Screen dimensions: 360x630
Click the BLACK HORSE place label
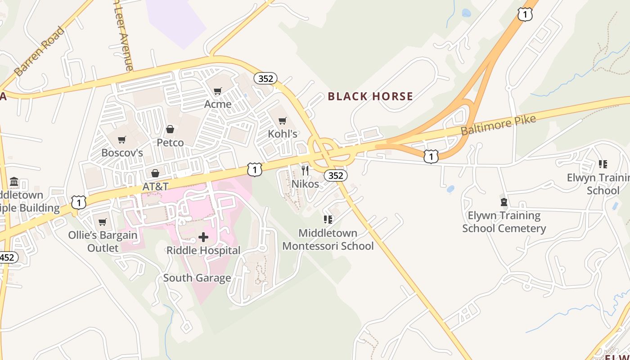point(370,96)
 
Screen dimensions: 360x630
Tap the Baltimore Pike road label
point(498,125)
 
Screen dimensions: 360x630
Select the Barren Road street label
point(40,51)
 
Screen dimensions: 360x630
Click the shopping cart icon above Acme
point(218,91)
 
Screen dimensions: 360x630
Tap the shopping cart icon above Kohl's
point(283,121)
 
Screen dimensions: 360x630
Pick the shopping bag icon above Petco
point(170,130)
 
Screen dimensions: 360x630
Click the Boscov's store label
point(122,153)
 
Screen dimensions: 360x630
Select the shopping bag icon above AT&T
point(155,173)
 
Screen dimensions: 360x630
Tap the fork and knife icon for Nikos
point(305,170)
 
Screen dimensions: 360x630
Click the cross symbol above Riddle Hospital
point(203,237)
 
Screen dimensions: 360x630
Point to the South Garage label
point(197,278)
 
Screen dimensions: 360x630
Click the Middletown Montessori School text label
point(328,239)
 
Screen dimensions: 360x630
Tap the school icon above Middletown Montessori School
point(328,220)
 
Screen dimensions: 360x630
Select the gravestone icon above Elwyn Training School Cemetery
point(504,202)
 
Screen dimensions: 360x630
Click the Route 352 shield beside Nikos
point(336,175)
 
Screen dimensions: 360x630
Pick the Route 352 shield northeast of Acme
point(265,78)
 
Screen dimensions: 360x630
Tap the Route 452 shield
point(7,257)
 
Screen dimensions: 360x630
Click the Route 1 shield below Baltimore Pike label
point(431,157)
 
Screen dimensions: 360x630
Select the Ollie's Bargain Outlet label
point(103,241)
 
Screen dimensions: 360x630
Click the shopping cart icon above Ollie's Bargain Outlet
point(103,222)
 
